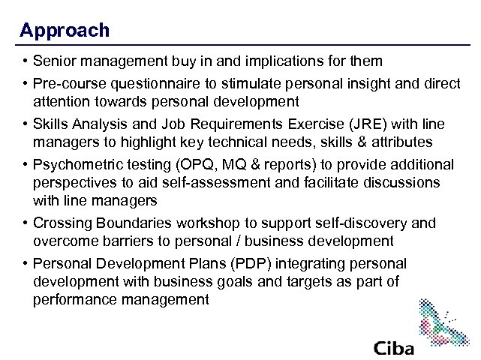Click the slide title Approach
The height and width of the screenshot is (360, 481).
pyautogui.click(x=65, y=30)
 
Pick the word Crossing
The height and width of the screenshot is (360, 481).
pyautogui.click(x=62, y=223)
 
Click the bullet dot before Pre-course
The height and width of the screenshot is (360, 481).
pyautogui.click(x=25, y=84)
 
